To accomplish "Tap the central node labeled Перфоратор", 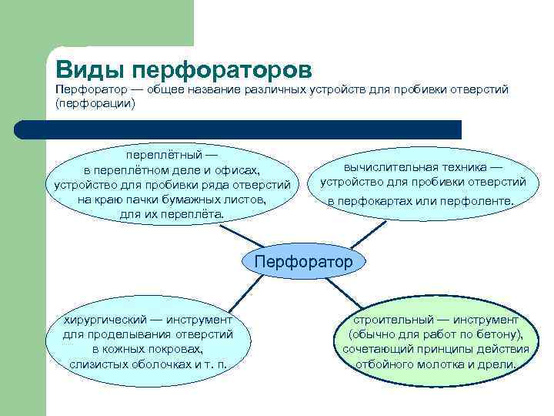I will (x=303, y=262).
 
